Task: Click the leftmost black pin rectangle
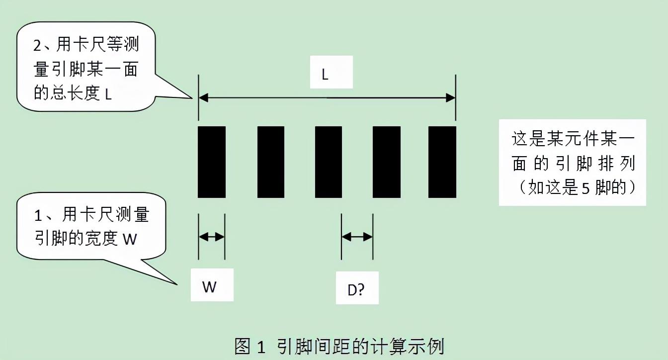point(212,162)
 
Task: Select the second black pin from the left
point(271,162)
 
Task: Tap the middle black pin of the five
point(329,162)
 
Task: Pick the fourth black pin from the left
point(387,162)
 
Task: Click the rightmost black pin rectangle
point(442,162)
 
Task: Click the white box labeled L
point(332,72)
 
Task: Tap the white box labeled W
point(212,285)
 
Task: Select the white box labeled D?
point(357,288)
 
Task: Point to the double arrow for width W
point(211,237)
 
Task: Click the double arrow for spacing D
point(357,237)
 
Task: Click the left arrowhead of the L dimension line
point(203,97)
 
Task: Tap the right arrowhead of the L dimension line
point(451,97)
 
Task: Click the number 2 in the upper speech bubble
point(37,46)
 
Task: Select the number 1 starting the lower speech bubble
point(38,216)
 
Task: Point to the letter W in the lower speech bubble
point(130,239)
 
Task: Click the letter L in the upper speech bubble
point(108,94)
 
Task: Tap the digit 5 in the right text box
point(585,188)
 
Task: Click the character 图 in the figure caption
point(242,346)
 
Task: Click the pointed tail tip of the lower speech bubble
point(177,284)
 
